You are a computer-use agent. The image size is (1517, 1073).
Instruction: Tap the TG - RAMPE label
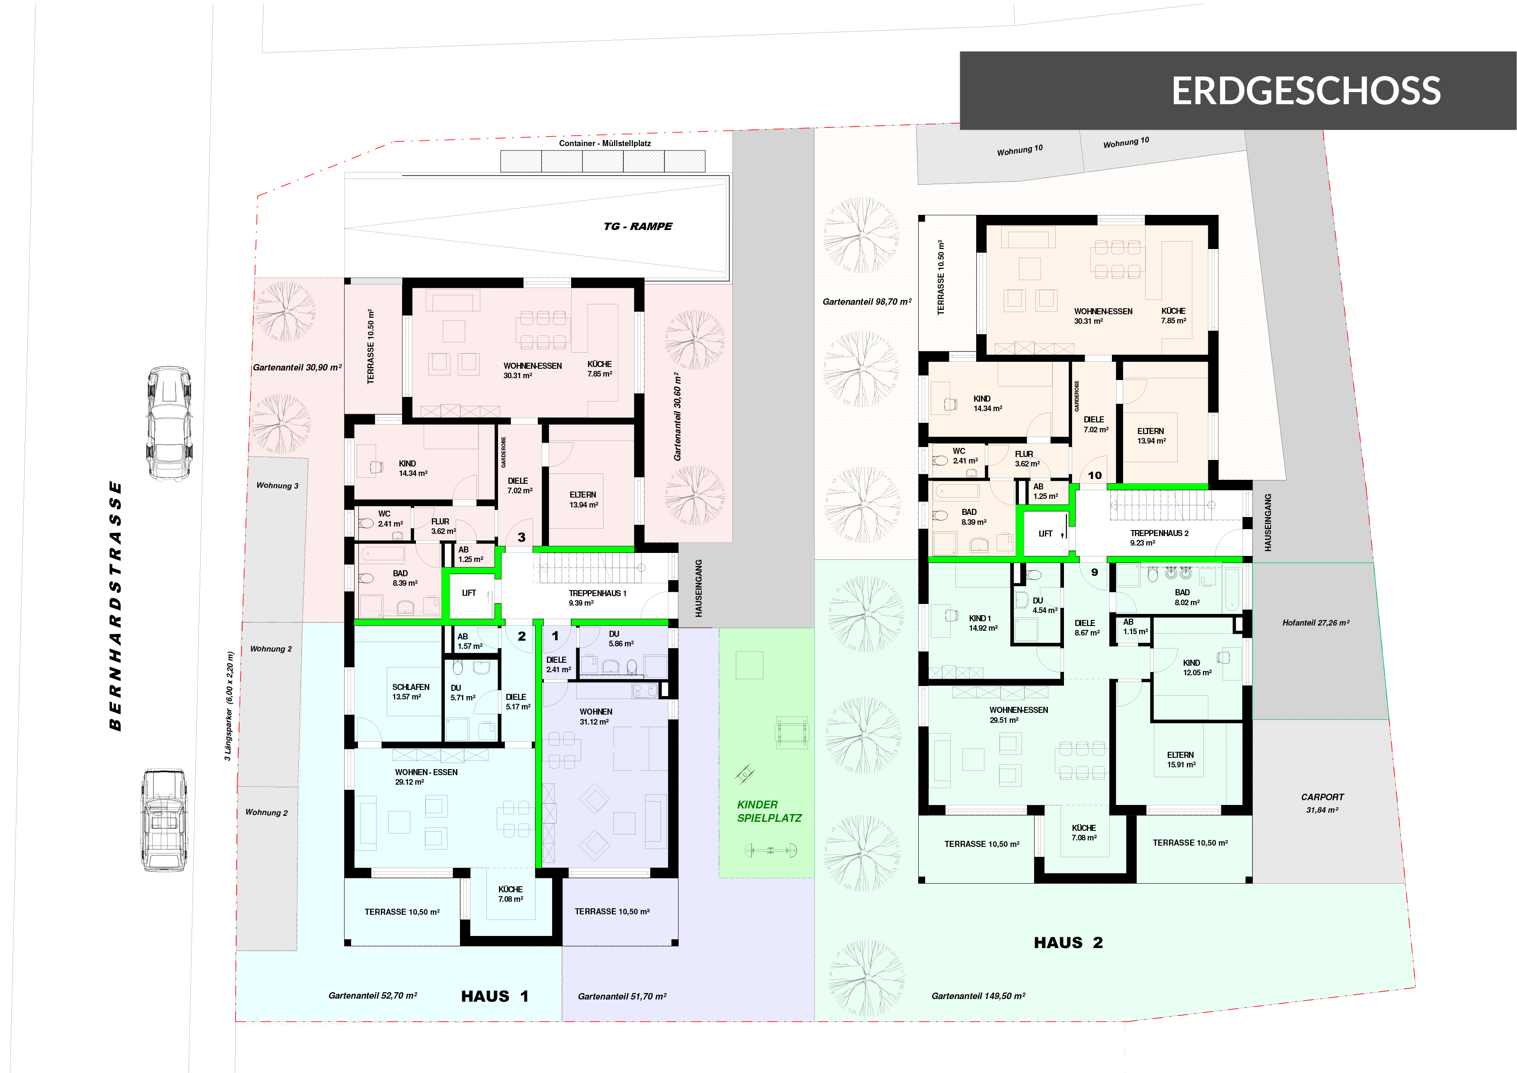638,226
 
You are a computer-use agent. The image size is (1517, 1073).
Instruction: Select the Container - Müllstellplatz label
604,144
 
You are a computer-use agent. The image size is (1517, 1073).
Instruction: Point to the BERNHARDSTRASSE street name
115,605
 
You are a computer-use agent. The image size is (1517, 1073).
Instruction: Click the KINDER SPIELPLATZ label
769,811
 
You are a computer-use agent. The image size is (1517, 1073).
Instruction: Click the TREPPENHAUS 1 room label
597,597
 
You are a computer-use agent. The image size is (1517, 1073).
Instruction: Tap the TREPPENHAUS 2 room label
1159,538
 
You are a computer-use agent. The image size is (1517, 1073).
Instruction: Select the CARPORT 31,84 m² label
1322,803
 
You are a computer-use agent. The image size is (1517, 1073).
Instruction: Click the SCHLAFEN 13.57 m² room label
410,692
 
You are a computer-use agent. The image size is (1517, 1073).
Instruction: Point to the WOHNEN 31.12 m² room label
595,716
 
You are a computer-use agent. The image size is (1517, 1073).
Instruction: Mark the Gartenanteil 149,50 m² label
978,996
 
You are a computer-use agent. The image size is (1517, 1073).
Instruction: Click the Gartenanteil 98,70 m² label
867,301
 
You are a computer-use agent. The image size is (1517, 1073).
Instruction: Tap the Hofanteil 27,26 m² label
1316,623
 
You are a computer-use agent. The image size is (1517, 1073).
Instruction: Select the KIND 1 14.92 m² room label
983,623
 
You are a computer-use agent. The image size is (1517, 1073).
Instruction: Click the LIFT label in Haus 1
469,593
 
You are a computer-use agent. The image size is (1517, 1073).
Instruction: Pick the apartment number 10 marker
1095,475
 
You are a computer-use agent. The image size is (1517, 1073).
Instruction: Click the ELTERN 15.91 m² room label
1181,760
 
